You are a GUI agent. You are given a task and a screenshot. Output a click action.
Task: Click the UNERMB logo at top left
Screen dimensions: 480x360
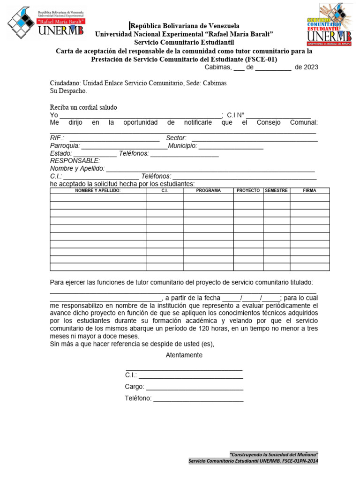click(x=46, y=22)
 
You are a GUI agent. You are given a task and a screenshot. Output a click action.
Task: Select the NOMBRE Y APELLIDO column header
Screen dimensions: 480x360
click(x=98, y=191)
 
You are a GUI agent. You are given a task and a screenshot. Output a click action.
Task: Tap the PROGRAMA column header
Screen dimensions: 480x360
click(x=209, y=191)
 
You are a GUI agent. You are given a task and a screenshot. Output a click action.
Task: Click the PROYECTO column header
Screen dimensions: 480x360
click(x=248, y=191)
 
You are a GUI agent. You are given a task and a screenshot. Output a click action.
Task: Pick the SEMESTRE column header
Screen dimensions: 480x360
click(x=276, y=191)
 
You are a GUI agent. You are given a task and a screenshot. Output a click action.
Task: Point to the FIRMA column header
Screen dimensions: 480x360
click(x=309, y=191)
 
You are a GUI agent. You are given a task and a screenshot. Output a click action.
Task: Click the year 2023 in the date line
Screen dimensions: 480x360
click(x=310, y=67)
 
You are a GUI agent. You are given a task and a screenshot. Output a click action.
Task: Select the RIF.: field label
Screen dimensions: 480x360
click(x=57, y=138)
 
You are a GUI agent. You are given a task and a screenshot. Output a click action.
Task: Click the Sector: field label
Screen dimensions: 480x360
click(x=176, y=138)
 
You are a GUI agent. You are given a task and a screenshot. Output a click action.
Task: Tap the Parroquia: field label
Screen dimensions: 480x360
click(x=65, y=146)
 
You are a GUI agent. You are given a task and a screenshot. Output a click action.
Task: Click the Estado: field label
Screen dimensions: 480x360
click(x=61, y=153)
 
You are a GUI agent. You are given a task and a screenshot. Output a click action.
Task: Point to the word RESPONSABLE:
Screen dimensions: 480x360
click(x=75, y=161)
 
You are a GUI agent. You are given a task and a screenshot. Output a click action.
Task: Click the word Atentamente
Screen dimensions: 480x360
click(x=184, y=355)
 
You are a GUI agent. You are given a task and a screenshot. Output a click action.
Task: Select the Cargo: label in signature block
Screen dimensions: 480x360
click(x=135, y=387)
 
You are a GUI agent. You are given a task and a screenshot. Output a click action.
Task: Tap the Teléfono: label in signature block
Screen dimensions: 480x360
click(x=138, y=398)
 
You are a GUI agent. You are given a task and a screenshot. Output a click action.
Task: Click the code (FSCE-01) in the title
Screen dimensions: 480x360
click(x=260, y=60)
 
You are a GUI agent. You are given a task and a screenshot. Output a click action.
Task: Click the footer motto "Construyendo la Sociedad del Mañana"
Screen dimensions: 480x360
click(x=274, y=455)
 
